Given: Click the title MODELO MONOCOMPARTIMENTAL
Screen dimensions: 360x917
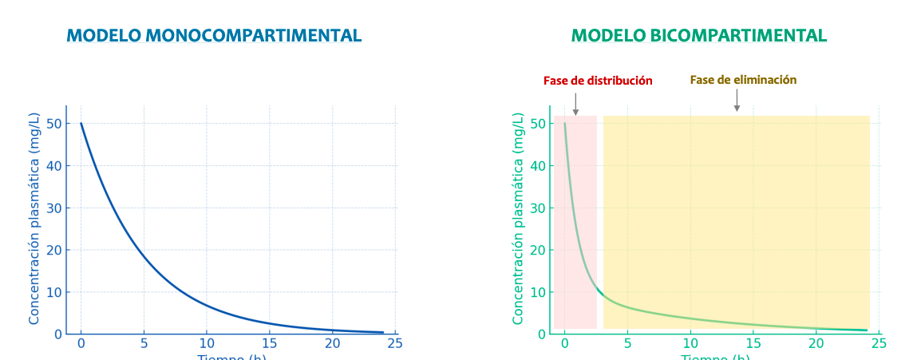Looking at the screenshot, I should point(214,36).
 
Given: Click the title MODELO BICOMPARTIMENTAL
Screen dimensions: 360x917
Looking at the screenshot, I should point(698,36).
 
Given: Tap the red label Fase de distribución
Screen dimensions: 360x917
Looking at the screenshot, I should point(598,81).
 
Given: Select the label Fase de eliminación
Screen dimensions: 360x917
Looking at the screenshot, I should point(743,80).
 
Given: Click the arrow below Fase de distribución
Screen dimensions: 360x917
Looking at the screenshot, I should point(575,105).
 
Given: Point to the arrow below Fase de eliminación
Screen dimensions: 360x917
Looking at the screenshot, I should point(737,101).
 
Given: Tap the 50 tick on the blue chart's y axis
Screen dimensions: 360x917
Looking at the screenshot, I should point(54,124).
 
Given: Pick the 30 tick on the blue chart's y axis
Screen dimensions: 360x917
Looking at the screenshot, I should point(54,208).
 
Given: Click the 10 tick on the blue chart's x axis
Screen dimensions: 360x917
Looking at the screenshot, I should point(207,343).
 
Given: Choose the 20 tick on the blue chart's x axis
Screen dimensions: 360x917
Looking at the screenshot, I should point(332,343).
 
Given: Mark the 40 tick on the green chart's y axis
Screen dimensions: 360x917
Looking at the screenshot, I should point(538,166).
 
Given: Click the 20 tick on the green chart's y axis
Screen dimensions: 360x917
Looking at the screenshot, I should point(538,250).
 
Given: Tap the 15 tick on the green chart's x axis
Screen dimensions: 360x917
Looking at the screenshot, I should point(753,343).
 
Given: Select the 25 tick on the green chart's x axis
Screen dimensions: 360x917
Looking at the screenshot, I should point(878,343).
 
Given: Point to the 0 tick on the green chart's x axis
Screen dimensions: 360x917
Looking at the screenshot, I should point(564,343).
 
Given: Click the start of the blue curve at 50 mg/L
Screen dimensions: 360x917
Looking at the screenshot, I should point(81,124).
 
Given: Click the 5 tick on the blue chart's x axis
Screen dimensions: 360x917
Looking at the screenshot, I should point(144,343).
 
